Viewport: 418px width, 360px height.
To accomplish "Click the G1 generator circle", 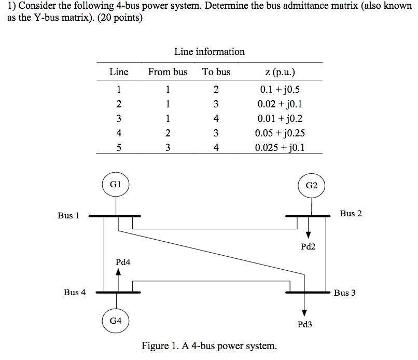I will pyautogui.click(x=116, y=184).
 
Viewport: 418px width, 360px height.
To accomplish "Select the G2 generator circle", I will pyautogui.click(x=312, y=185).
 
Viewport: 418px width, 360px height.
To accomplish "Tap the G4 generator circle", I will pyautogui.click(x=116, y=321).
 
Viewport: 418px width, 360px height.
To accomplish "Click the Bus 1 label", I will pyautogui.click(x=68, y=215).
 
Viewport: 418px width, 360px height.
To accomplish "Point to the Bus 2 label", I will pyautogui.click(x=351, y=213).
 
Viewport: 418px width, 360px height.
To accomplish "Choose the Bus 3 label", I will pyautogui.click(x=345, y=293).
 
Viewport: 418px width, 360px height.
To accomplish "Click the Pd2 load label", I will pyautogui.click(x=308, y=247).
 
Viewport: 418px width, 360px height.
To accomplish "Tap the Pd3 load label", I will pyautogui.click(x=305, y=325).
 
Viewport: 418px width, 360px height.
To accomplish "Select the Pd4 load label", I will pyautogui.click(x=123, y=262).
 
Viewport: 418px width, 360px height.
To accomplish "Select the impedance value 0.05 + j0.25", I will pyautogui.click(x=280, y=133).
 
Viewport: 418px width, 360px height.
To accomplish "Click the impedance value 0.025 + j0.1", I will pyautogui.click(x=280, y=147).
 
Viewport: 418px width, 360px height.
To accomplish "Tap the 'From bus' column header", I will pyautogui.click(x=168, y=72).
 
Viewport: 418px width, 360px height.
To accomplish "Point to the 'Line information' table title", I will pyautogui.click(x=210, y=51).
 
